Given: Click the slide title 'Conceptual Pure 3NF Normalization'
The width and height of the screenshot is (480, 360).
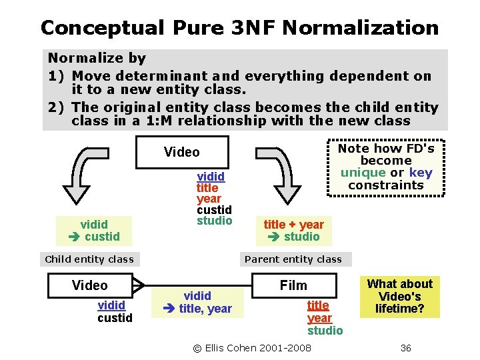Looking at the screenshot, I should [x=239, y=28].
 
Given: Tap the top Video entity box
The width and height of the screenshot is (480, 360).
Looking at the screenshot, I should [x=182, y=152].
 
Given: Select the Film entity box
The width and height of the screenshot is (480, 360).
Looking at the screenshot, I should [x=293, y=285].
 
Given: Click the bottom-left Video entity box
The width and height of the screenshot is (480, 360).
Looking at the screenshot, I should [x=90, y=285].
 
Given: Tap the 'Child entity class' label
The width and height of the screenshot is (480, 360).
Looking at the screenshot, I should [x=89, y=259].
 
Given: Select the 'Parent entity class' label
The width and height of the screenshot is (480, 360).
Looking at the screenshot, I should [x=293, y=259].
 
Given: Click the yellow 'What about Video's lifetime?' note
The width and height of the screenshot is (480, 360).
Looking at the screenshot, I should [x=400, y=297].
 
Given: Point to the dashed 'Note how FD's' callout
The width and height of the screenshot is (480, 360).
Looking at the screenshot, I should [x=385, y=167].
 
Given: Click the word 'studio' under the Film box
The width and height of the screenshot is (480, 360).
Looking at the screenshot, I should [x=325, y=331].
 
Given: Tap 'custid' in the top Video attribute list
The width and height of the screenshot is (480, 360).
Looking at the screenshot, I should [x=214, y=210].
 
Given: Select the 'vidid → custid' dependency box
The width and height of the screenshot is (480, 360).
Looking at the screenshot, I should [x=93, y=230].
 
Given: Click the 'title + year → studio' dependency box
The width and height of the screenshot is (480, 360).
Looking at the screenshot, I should [x=293, y=231].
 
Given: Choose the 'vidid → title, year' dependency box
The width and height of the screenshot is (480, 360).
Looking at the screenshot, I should [x=198, y=302].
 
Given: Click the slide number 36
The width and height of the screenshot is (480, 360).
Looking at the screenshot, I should [x=405, y=348].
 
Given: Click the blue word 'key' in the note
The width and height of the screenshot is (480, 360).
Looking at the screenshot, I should [x=421, y=173].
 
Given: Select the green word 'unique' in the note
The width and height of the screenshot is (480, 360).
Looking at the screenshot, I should [x=363, y=173].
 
